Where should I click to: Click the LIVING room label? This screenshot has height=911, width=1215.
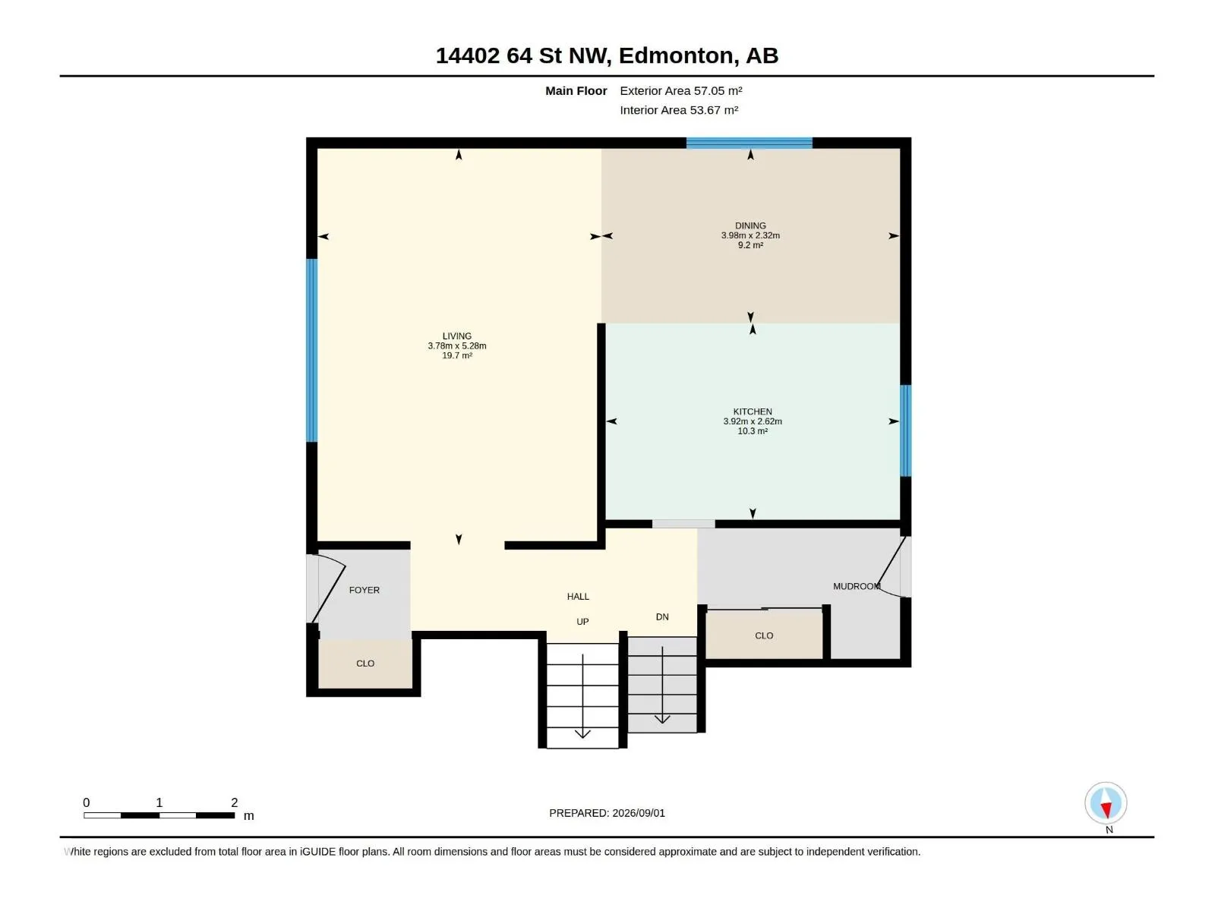click(456, 336)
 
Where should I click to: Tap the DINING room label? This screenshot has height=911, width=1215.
click(750, 225)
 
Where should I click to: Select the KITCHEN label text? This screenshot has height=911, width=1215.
click(753, 411)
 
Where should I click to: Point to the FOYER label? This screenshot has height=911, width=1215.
click(364, 590)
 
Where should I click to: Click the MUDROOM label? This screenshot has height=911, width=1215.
click(857, 586)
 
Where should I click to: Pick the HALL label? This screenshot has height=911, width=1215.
click(578, 596)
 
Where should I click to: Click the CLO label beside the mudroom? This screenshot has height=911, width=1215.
click(764, 635)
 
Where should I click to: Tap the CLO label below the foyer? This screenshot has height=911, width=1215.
click(365, 664)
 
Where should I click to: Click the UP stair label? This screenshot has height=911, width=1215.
click(582, 622)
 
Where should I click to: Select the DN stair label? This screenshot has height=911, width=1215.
click(662, 616)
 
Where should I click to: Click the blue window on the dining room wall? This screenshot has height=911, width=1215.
click(749, 143)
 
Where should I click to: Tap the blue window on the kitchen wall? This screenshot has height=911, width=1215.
click(905, 430)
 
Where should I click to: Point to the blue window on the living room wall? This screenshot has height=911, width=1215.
click(311, 350)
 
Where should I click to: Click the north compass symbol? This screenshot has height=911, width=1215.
click(1106, 803)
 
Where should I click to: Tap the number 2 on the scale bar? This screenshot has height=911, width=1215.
click(234, 802)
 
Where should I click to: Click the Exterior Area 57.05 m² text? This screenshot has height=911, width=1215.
click(681, 90)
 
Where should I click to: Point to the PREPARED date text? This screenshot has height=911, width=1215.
click(607, 813)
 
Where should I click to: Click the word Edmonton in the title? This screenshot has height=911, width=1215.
click(677, 56)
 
